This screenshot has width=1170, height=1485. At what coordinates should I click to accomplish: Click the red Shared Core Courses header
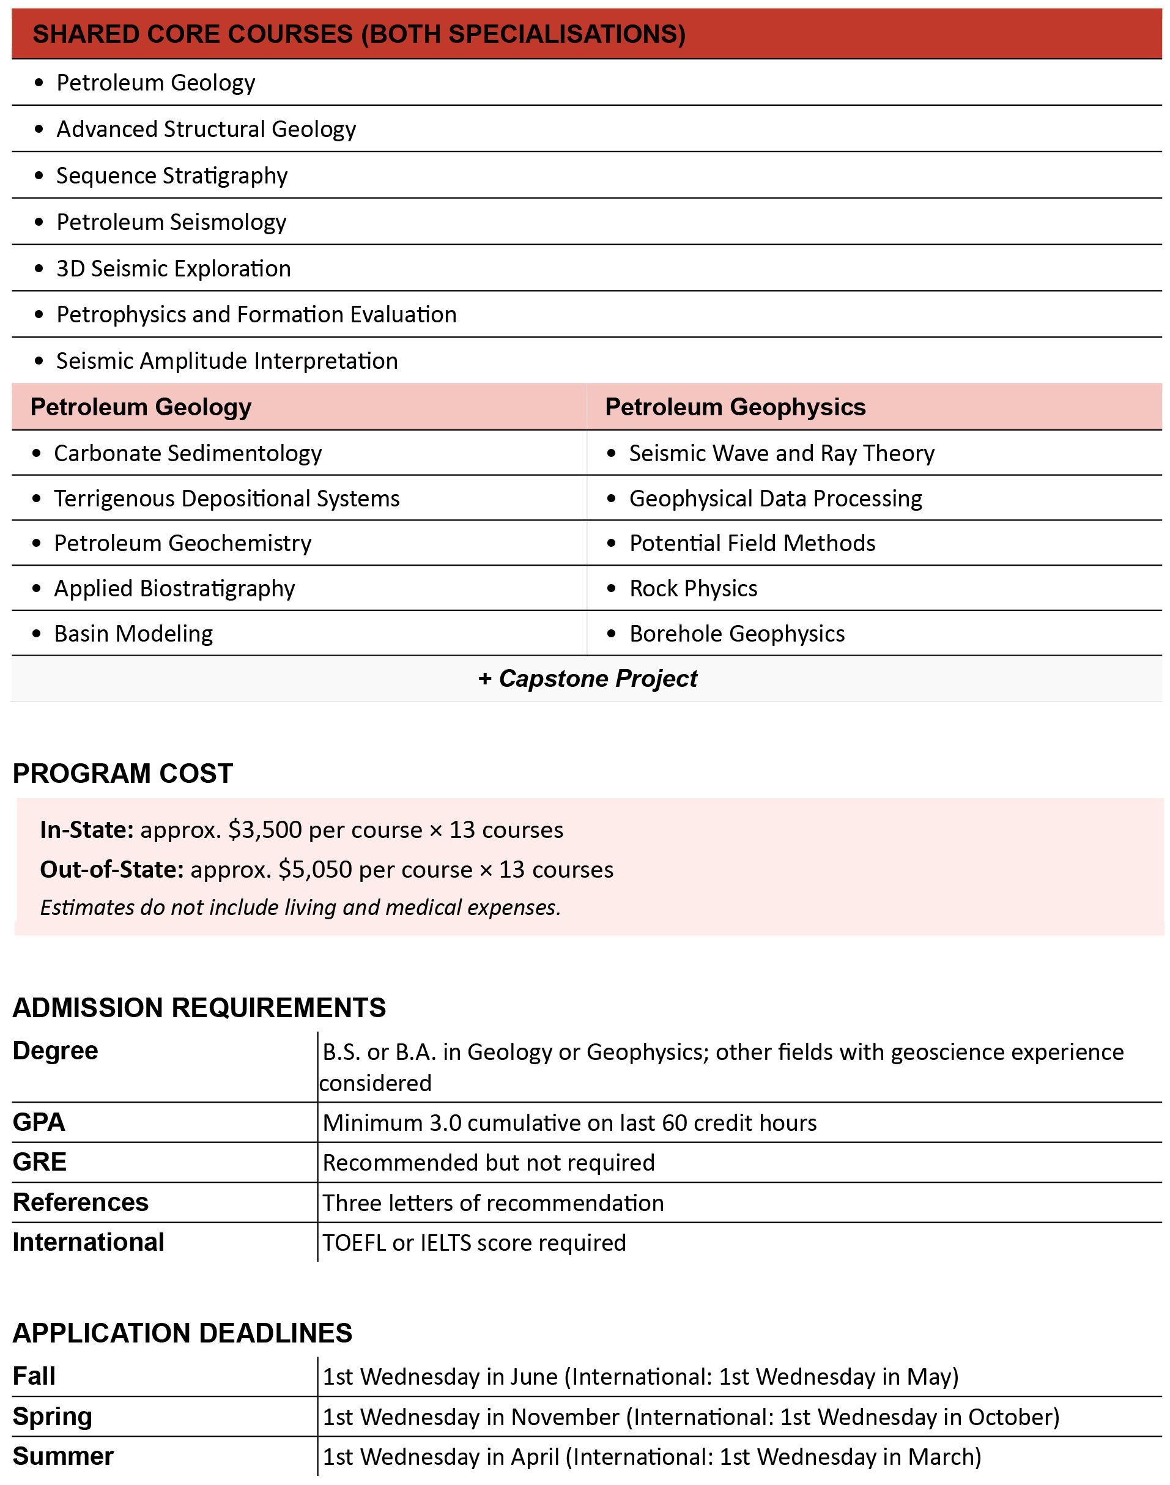359,34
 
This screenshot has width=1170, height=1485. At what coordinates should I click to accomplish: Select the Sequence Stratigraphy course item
171,176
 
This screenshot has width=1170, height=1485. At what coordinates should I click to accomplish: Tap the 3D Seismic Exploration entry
173,268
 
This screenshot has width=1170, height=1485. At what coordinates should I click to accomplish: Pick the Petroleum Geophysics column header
735,407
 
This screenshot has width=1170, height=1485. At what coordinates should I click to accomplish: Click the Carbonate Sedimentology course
188,453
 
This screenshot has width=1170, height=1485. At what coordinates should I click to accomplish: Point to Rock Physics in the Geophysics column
693,588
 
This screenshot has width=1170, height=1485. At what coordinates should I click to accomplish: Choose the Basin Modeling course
133,634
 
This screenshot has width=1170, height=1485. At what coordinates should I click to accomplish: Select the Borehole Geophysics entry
737,634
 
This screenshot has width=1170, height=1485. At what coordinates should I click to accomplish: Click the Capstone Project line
588,679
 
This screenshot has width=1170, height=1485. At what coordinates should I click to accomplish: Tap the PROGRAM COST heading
122,773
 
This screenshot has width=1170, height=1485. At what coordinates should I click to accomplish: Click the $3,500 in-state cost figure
265,830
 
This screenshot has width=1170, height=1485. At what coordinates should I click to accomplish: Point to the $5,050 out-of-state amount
315,870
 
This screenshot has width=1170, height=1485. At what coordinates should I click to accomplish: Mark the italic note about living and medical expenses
300,908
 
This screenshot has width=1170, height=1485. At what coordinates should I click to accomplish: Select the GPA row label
39,1122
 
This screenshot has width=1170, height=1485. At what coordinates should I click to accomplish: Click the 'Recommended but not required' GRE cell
489,1163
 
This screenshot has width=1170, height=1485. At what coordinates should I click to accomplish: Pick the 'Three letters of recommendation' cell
493,1203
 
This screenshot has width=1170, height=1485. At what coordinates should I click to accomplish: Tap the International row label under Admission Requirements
88,1242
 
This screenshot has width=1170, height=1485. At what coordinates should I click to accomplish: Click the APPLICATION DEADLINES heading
182,1333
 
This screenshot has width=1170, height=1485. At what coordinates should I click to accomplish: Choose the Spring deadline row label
52,1416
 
